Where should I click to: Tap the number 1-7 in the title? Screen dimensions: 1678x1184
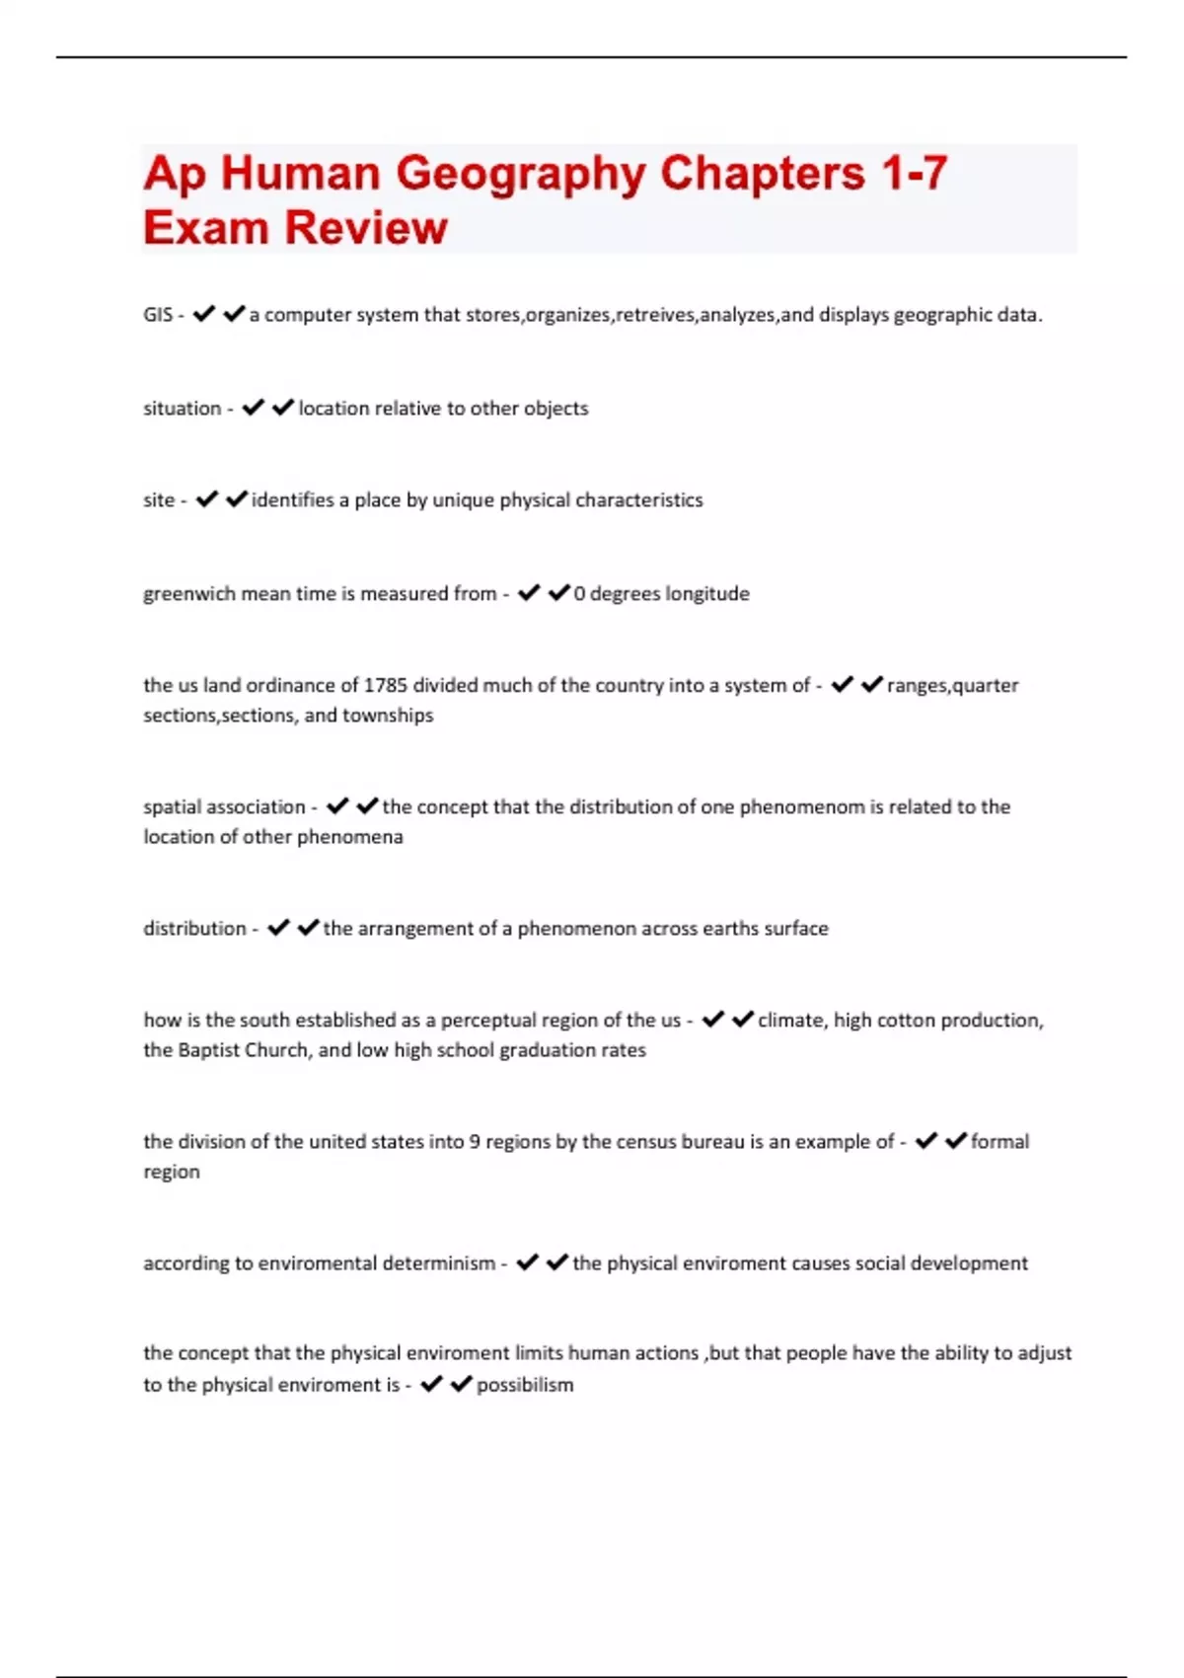[x=914, y=173]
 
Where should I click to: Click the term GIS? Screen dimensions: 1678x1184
[x=158, y=315]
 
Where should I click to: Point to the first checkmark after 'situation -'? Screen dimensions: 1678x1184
[x=253, y=408]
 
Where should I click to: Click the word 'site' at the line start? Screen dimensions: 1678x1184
[x=159, y=500]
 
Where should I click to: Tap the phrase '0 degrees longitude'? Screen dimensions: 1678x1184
[x=661, y=594]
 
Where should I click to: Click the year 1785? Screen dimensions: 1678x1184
[x=386, y=685]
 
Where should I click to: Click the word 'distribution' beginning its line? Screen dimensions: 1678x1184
[x=194, y=929]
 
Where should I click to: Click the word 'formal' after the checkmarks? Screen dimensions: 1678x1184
[x=999, y=1142]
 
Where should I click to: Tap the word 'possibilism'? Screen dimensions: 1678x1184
[x=525, y=1385]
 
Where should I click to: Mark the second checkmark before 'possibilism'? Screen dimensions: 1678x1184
[x=461, y=1385]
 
